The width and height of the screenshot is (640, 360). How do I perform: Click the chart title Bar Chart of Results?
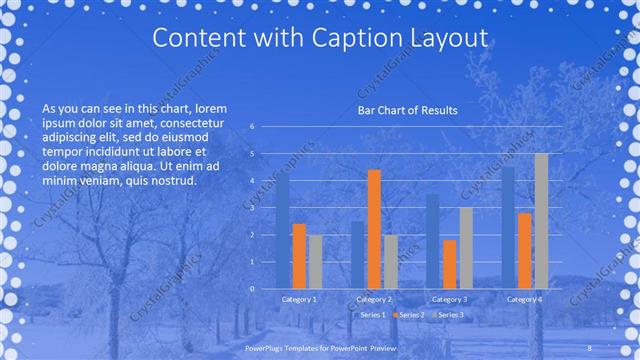407,110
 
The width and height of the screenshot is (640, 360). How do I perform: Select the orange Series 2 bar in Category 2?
374,229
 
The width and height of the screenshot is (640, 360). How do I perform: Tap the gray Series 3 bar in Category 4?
541,221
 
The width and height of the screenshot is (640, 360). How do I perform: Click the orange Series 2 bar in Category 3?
449,264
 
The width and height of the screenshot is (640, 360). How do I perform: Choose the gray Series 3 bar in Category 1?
315,261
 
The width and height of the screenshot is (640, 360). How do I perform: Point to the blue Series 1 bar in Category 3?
433,241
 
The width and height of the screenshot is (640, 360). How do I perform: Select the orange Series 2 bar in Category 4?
525,250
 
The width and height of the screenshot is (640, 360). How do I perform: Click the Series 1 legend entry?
370,315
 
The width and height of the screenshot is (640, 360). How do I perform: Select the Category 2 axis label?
374,299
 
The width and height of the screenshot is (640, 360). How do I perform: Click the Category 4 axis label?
525,299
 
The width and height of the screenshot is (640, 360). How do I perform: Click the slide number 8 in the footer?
590,347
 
